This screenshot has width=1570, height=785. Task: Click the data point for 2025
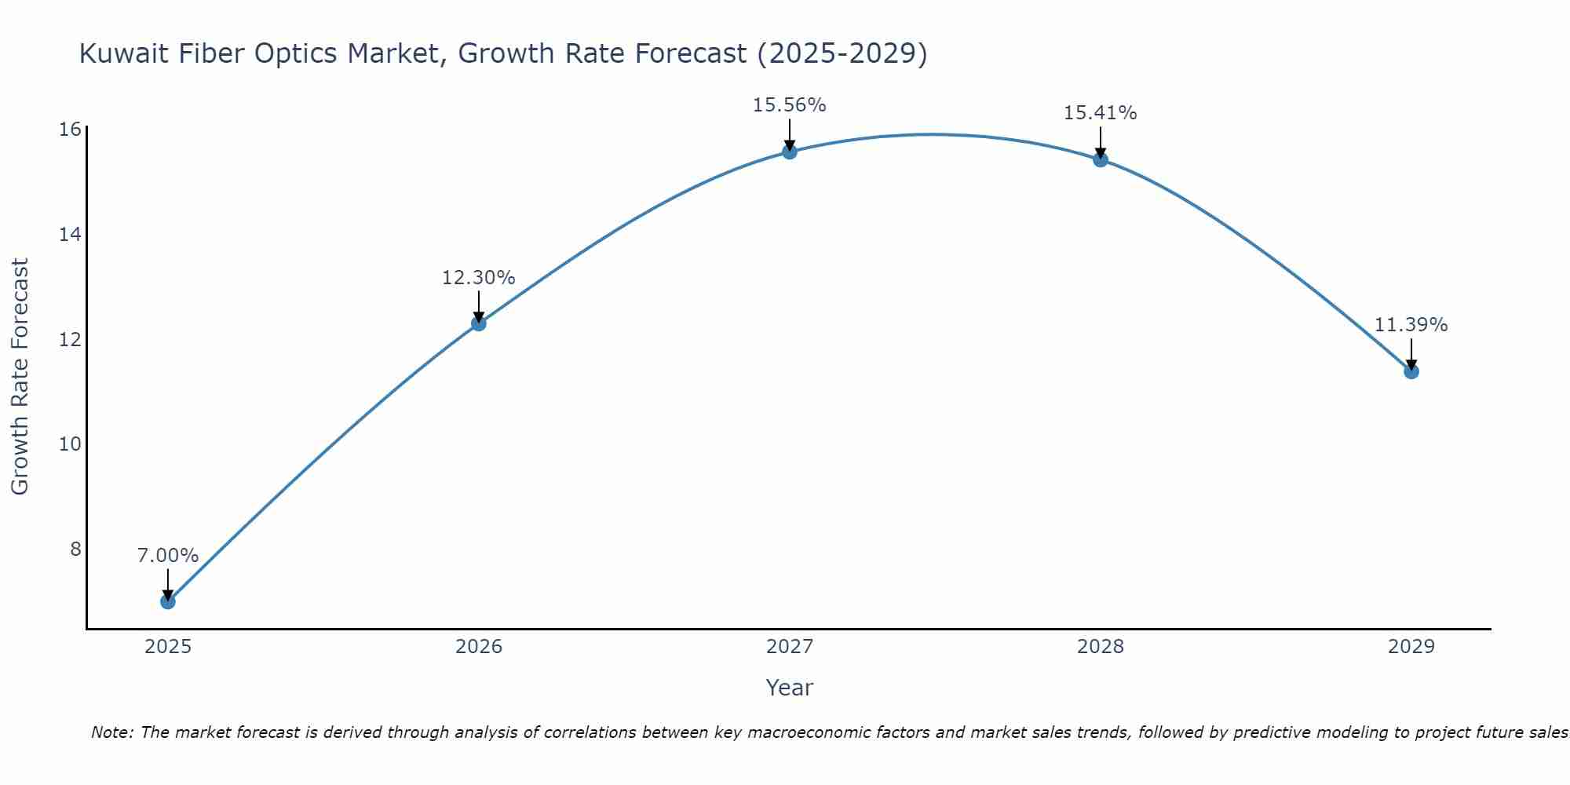(168, 601)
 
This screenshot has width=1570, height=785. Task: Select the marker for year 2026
(479, 323)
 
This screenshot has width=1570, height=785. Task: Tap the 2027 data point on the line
(790, 152)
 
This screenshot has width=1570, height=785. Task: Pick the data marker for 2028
(1101, 159)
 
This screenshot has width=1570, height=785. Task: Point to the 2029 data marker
(1411, 371)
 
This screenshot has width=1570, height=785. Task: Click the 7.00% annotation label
(168, 556)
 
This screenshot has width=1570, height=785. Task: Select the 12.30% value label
(478, 278)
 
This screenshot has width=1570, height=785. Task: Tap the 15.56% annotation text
(789, 105)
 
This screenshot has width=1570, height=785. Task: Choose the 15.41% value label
(1100, 113)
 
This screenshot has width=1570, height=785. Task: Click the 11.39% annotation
(1411, 325)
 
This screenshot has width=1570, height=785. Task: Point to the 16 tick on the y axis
(70, 130)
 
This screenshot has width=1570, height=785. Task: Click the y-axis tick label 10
(70, 444)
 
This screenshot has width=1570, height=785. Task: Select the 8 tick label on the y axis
(75, 549)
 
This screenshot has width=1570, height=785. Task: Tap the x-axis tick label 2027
(790, 647)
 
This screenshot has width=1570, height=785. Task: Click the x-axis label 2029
(1411, 647)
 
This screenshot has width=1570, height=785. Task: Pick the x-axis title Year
(789, 688)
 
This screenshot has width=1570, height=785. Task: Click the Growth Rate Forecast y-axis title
(20, 377)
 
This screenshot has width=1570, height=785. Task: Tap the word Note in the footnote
(112, 732)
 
